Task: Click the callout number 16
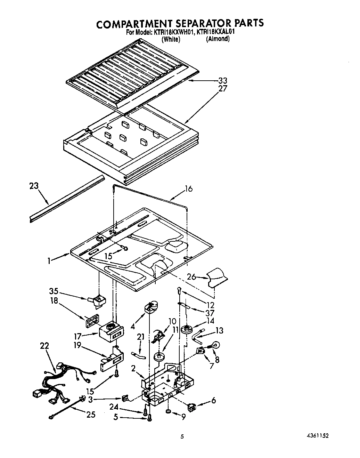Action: click(188, 189)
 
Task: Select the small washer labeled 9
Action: click(169, 412)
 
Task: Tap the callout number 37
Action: click(210, 313)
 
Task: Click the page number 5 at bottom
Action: click(182, 437)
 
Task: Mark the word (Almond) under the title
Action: click(218, 39)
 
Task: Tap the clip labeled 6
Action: click(191, 406)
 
